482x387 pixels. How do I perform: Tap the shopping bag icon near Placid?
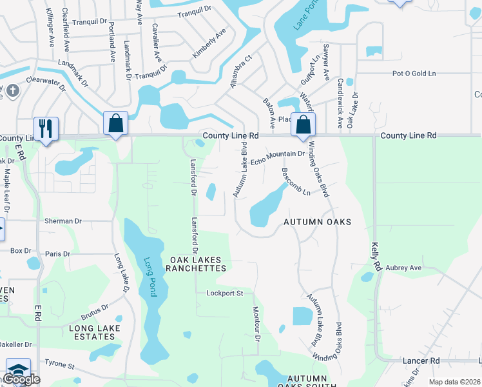pyautogui.click(x=303, y=124)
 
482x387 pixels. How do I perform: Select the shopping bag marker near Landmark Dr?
pyautogui.click(x=115, y=123)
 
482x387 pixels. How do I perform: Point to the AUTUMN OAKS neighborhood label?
pyautogui.click(x=318, y=222)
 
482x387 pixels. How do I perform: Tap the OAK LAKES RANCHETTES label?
pyautogui.click(x=198, y=263)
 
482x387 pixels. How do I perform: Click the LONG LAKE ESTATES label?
pyautogui.click(x=83, y=332)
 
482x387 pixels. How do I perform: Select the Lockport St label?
pyautogui.click(x=224, y=293)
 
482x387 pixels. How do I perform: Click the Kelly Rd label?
pyautogui.click(x=376, y=257)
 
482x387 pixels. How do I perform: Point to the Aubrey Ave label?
pyautogui.click(x=403, y=268)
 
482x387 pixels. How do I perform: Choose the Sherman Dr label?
pyautogui.click(x=63, y=221)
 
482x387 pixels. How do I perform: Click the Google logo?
pyautogui.click(x=21, y=380)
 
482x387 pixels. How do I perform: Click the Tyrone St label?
pyautogui.click(x=59, y=364)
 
